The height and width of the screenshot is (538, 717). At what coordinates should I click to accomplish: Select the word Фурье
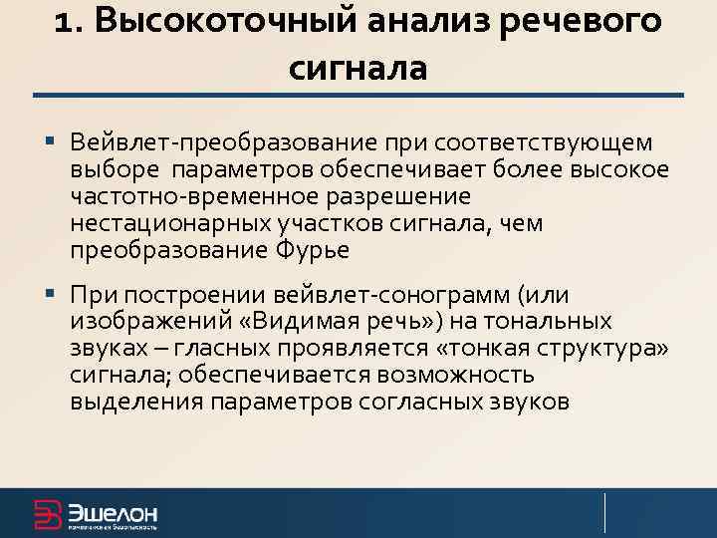pos(311,250)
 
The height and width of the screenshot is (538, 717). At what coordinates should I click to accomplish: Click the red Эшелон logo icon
pos(48,514)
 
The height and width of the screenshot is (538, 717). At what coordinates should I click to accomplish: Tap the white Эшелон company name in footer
pos(112,512)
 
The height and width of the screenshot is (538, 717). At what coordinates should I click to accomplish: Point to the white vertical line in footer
pos(605,512)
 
